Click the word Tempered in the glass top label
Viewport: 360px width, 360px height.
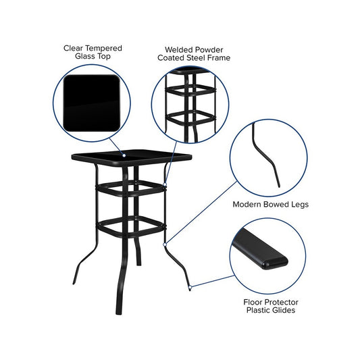[104, 49]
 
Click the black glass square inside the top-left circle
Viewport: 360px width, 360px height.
[92, 103]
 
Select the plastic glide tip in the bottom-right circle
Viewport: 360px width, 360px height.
[275, 263]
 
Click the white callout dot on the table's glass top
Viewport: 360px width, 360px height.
[124, 155]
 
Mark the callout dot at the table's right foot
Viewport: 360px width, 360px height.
[190, 287]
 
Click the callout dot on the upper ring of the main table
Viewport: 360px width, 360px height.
[165, 184]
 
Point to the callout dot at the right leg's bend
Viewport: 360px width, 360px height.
[165, 245]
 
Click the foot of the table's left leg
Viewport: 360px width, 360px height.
[74, 282]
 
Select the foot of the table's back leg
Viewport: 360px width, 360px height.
[138, 263]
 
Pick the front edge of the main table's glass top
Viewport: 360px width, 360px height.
[131, 162]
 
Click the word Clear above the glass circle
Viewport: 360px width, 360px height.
[74, 49]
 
